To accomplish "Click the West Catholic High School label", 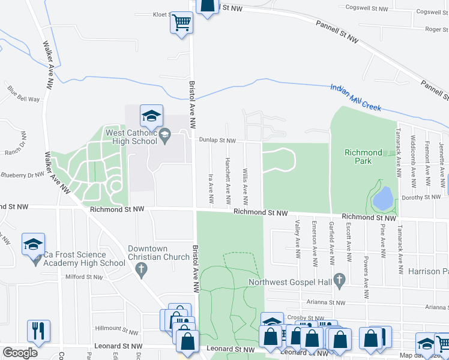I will coord(131,137).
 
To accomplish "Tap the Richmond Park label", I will coord(363,157).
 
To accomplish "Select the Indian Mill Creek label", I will coord(355,98).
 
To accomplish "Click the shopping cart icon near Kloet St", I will coord(181,23).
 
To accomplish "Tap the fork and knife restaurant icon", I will coord(38,331).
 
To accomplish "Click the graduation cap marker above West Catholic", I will coord(151,115).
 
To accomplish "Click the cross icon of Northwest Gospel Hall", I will coord(339,279).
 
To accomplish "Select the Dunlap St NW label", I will coord(218,141).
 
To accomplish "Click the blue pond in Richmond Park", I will coord(384,197).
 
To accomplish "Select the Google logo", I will coord(20,353).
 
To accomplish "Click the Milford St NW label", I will coord(84,277).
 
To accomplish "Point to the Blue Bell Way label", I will coord(23,95).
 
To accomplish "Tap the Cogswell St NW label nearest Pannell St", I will coord(365,8).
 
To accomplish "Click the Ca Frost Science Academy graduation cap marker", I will coord(34,244).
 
